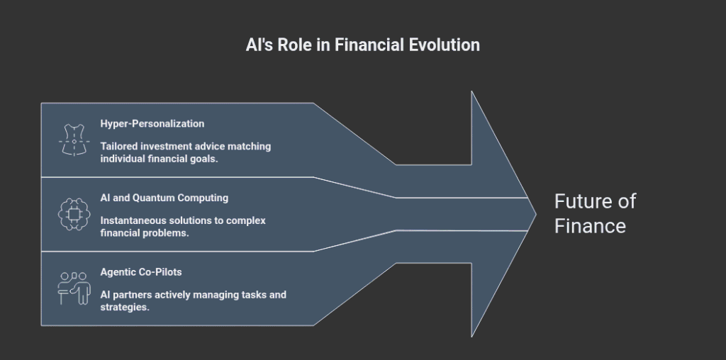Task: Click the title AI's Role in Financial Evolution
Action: [x=362, y=45]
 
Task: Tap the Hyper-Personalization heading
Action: [x=152, y=123]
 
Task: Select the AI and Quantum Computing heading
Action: [x=164, y=198]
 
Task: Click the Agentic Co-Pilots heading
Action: [x=141, y=272]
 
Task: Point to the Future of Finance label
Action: [x=595, y=213]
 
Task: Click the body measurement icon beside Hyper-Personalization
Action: [x=74, y=140]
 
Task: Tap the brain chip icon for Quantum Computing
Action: [x=74, y=214]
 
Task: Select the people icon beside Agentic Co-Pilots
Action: [x=74, y=288]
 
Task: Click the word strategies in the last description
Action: [x=125, y=307]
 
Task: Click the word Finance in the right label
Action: [x=590, y=226]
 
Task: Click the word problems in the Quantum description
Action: [x=166, y=233]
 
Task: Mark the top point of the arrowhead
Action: [x=472, y=92]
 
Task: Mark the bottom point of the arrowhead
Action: [x=472, y=335]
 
